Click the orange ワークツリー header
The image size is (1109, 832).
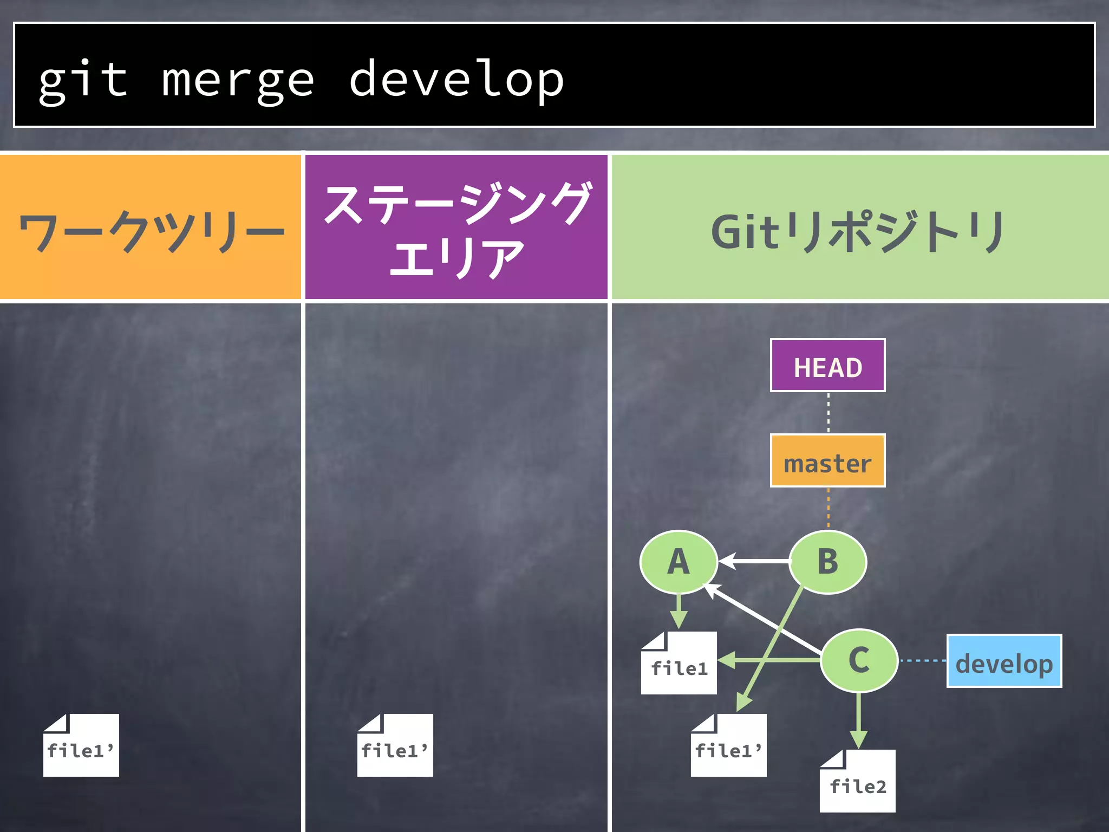pyautogui.click(x=151, y=227)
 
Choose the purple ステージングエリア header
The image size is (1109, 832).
pyautogui.click(x=456, y=227)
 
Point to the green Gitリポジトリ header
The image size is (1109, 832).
pyautogui.click(x=860, y=227)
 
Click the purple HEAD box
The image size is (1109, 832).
pyautogui.click(x=827, y=366)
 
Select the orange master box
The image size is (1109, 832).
pyautogui.click(x=827, y=461)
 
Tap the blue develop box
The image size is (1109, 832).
pyautogui.click(x=1004, y=661)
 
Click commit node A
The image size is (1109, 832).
pyautogui.click(x=679, y=562)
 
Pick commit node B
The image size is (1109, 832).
pyautogui.click(x=827, y=562)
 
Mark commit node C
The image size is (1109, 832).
pyautogui.click(x=859, y=660)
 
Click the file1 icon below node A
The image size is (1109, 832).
pyautogui.click(x=679, y=664)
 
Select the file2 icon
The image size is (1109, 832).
pyautogui.click(x=857, y=782)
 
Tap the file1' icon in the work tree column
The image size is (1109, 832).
pyautogui.click(x=81, y=746)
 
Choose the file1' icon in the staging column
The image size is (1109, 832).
pyautogui.click(x=395, y=746)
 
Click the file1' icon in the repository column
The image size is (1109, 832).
pyautogui.click(x=728, y=746)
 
